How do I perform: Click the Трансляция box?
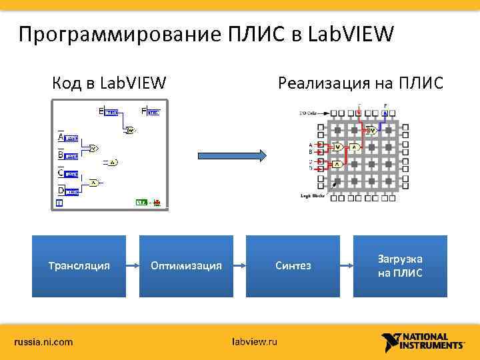point(79,266)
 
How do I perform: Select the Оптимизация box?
point(186,266)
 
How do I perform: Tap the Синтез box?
point(293,266)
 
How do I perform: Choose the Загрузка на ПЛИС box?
point(400,266)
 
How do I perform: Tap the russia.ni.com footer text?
point(44,342)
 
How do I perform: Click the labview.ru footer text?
point(254,342)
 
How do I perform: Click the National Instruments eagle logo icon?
point(392,342)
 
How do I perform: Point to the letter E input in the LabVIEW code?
point(101,111)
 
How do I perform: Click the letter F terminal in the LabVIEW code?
point(144,111)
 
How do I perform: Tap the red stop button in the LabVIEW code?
point(157,202)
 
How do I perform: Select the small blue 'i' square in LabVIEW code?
point(59,202)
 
